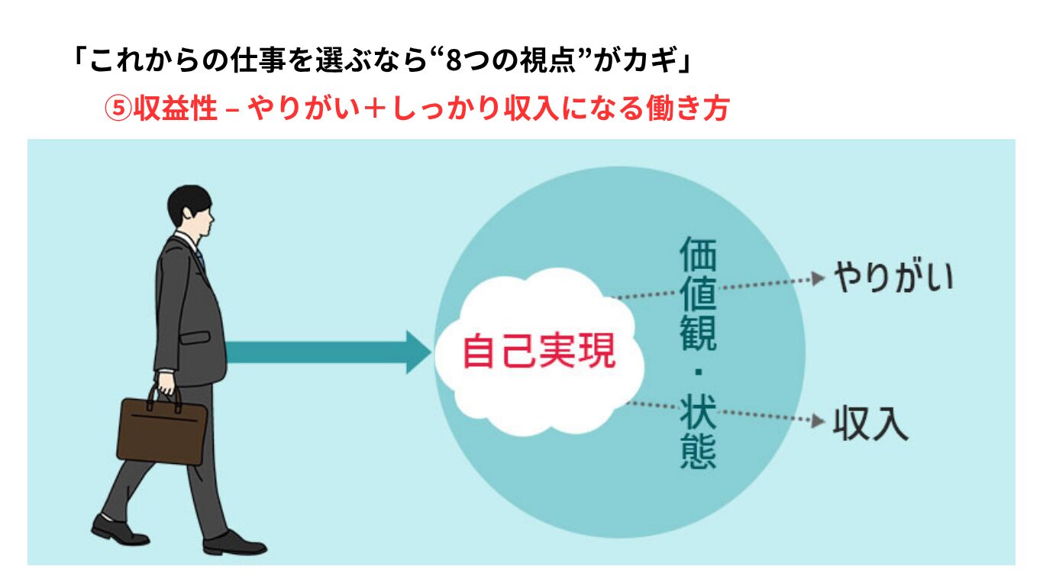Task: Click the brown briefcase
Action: (x=162, y=431)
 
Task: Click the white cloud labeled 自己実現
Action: (x=539, y=352)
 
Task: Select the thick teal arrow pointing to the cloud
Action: (x=329, y=352)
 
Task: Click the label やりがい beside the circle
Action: (x=893, y=277)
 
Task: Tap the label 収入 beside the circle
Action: (x=870, y=423)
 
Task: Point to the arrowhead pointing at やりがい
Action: (x=818, y=278)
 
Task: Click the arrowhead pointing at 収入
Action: (x=818, y=421)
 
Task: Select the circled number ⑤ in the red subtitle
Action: (x=118, y=109)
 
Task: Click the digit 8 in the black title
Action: (x=453, y=61)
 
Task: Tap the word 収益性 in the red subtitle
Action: (x=176, y=109)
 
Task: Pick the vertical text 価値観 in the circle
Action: (x=698, y=293)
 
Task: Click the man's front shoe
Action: (x=234, y=543)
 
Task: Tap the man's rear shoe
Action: (x=120, y=530)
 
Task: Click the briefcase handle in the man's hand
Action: (x=164, y=399)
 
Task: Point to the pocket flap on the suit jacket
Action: (x=195, y=337)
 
